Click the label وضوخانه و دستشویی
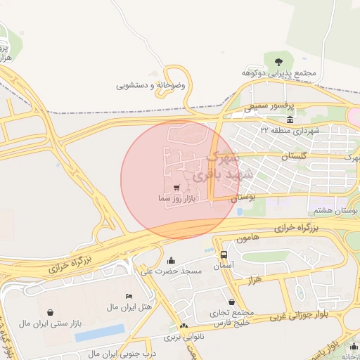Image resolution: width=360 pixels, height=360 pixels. (x=150, y=85)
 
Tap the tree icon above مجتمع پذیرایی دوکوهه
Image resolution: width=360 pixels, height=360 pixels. (x=278, y=62)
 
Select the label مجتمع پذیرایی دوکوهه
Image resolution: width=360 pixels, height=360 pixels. (x=279, y=73)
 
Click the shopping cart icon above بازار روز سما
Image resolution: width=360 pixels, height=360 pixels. (x=176, y=188)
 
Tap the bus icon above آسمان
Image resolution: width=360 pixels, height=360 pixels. (x=224, y=255)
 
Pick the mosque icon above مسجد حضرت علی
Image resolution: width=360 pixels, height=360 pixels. (x=171, y=260)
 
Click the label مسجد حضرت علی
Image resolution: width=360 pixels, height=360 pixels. (x=172, y=271)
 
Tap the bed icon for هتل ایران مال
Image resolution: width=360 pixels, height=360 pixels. (x=128, y=296)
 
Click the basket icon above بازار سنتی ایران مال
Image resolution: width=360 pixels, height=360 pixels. (x=50, y=312)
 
